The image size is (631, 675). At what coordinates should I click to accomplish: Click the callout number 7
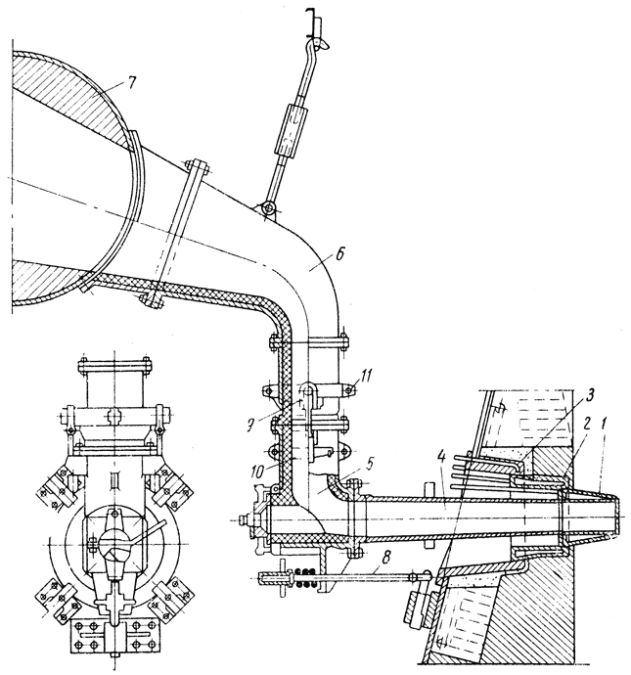[131, 83]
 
